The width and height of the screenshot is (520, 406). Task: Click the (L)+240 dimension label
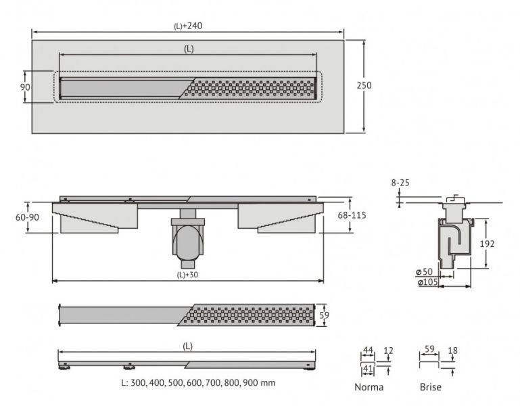coord(188,26)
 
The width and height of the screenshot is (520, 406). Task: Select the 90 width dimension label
coord(25,87)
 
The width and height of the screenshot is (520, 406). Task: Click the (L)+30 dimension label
coord(188,275)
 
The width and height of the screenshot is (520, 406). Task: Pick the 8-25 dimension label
coord(400,183)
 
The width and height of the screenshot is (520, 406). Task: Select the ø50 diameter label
coord(425,272)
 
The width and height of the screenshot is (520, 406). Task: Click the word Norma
coord(369,387)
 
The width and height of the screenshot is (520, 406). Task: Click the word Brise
coord(430,387)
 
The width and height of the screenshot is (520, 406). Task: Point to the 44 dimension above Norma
coord(369,351)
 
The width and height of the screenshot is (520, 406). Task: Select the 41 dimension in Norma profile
coord(369,368)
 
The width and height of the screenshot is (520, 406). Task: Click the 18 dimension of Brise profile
coord(452,351)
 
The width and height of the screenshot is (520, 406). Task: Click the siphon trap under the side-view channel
coord(188,240)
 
